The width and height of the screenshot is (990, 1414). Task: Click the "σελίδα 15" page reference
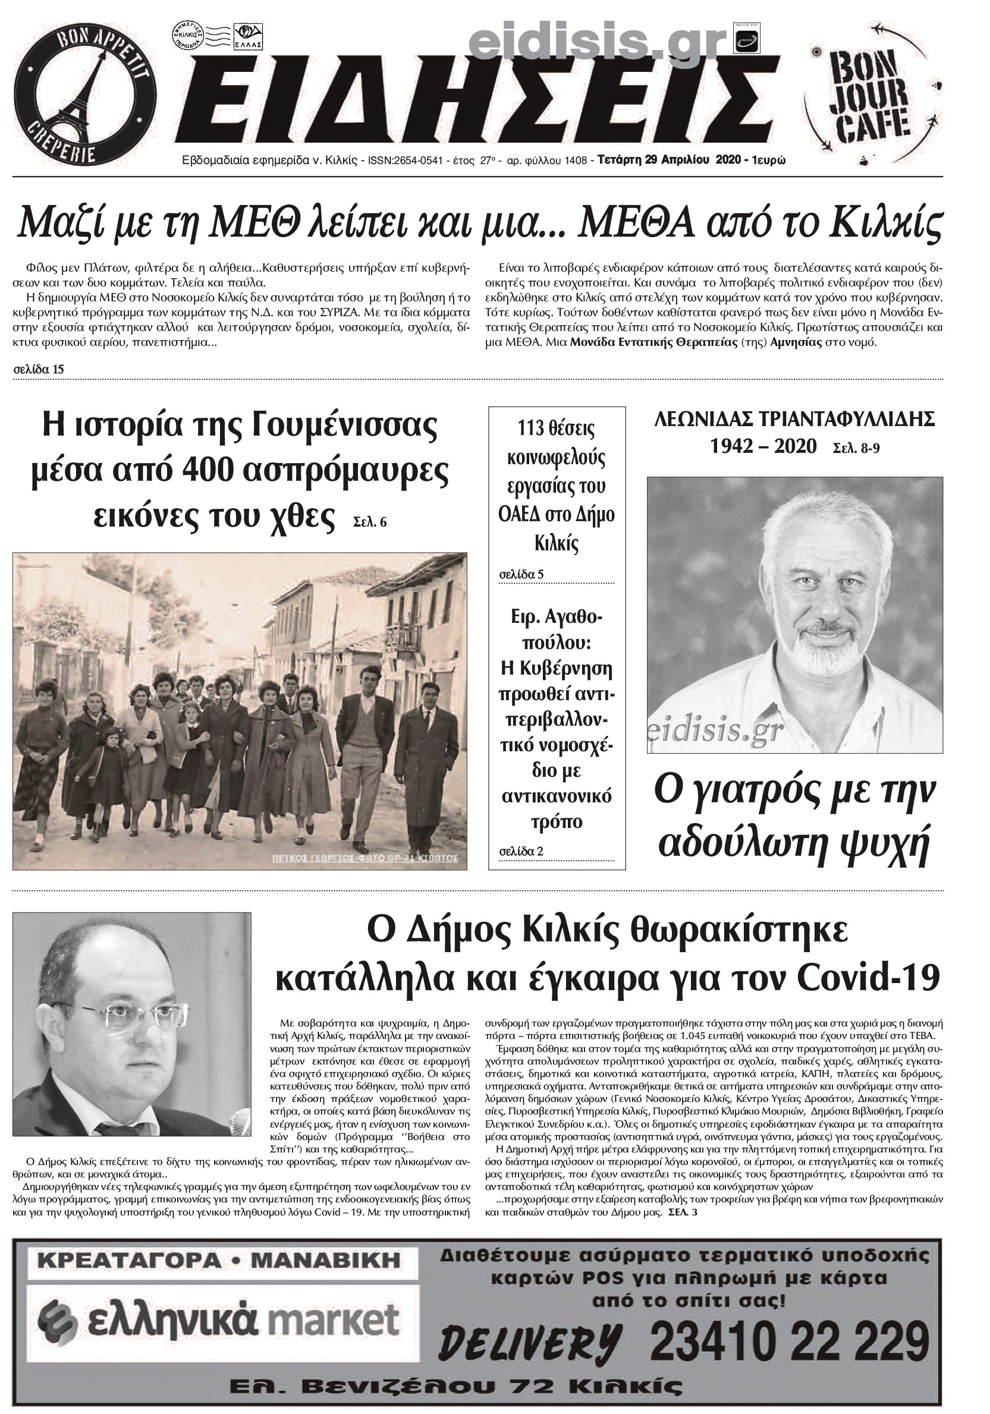pos(38,370)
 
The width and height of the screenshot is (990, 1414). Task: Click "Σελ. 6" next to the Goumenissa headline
pos(370,522)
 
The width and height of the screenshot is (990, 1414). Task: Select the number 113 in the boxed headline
pos(530,428)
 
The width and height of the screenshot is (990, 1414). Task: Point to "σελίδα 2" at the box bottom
pos(521,851)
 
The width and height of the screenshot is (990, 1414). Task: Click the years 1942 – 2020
pos(763,446)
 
